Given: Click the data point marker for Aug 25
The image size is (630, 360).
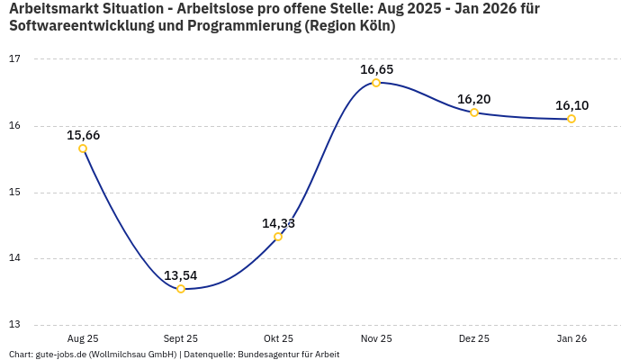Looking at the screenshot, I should click(x=83, y=148).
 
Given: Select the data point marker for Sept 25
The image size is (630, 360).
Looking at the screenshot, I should click(x=181, y=289).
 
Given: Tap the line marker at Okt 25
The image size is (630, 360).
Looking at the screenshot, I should click(x=278, y=237).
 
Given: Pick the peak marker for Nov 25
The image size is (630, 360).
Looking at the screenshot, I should click(x=376, y=83).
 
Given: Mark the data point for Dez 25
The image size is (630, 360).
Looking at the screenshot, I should click(x=474, y=112).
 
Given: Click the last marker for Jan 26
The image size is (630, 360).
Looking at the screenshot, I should click(x=571, y=119).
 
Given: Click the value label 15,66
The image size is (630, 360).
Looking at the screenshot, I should click(x=83, y=135).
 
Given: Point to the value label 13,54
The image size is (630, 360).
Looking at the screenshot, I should click(x=181, y=275).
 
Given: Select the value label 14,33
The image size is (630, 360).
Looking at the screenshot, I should click(x=278, y=223).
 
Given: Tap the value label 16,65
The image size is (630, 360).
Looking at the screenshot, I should click(x=376, y=69).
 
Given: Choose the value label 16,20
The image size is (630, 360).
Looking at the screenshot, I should click(x=474, y=99).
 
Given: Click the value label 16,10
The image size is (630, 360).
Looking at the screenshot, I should click(x=571, y=105).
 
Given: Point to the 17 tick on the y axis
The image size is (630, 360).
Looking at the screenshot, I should click(x=14, y=59).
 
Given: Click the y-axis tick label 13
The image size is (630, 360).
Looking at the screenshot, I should click(x=14, y=325).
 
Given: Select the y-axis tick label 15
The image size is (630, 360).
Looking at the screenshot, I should click(x=14, y=193).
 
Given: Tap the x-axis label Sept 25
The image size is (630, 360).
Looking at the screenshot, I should click(x=181, y=338).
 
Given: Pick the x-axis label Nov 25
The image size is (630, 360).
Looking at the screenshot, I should click(x=376, y=338).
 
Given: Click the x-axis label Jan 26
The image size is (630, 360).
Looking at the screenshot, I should click(x=571, y=338).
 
